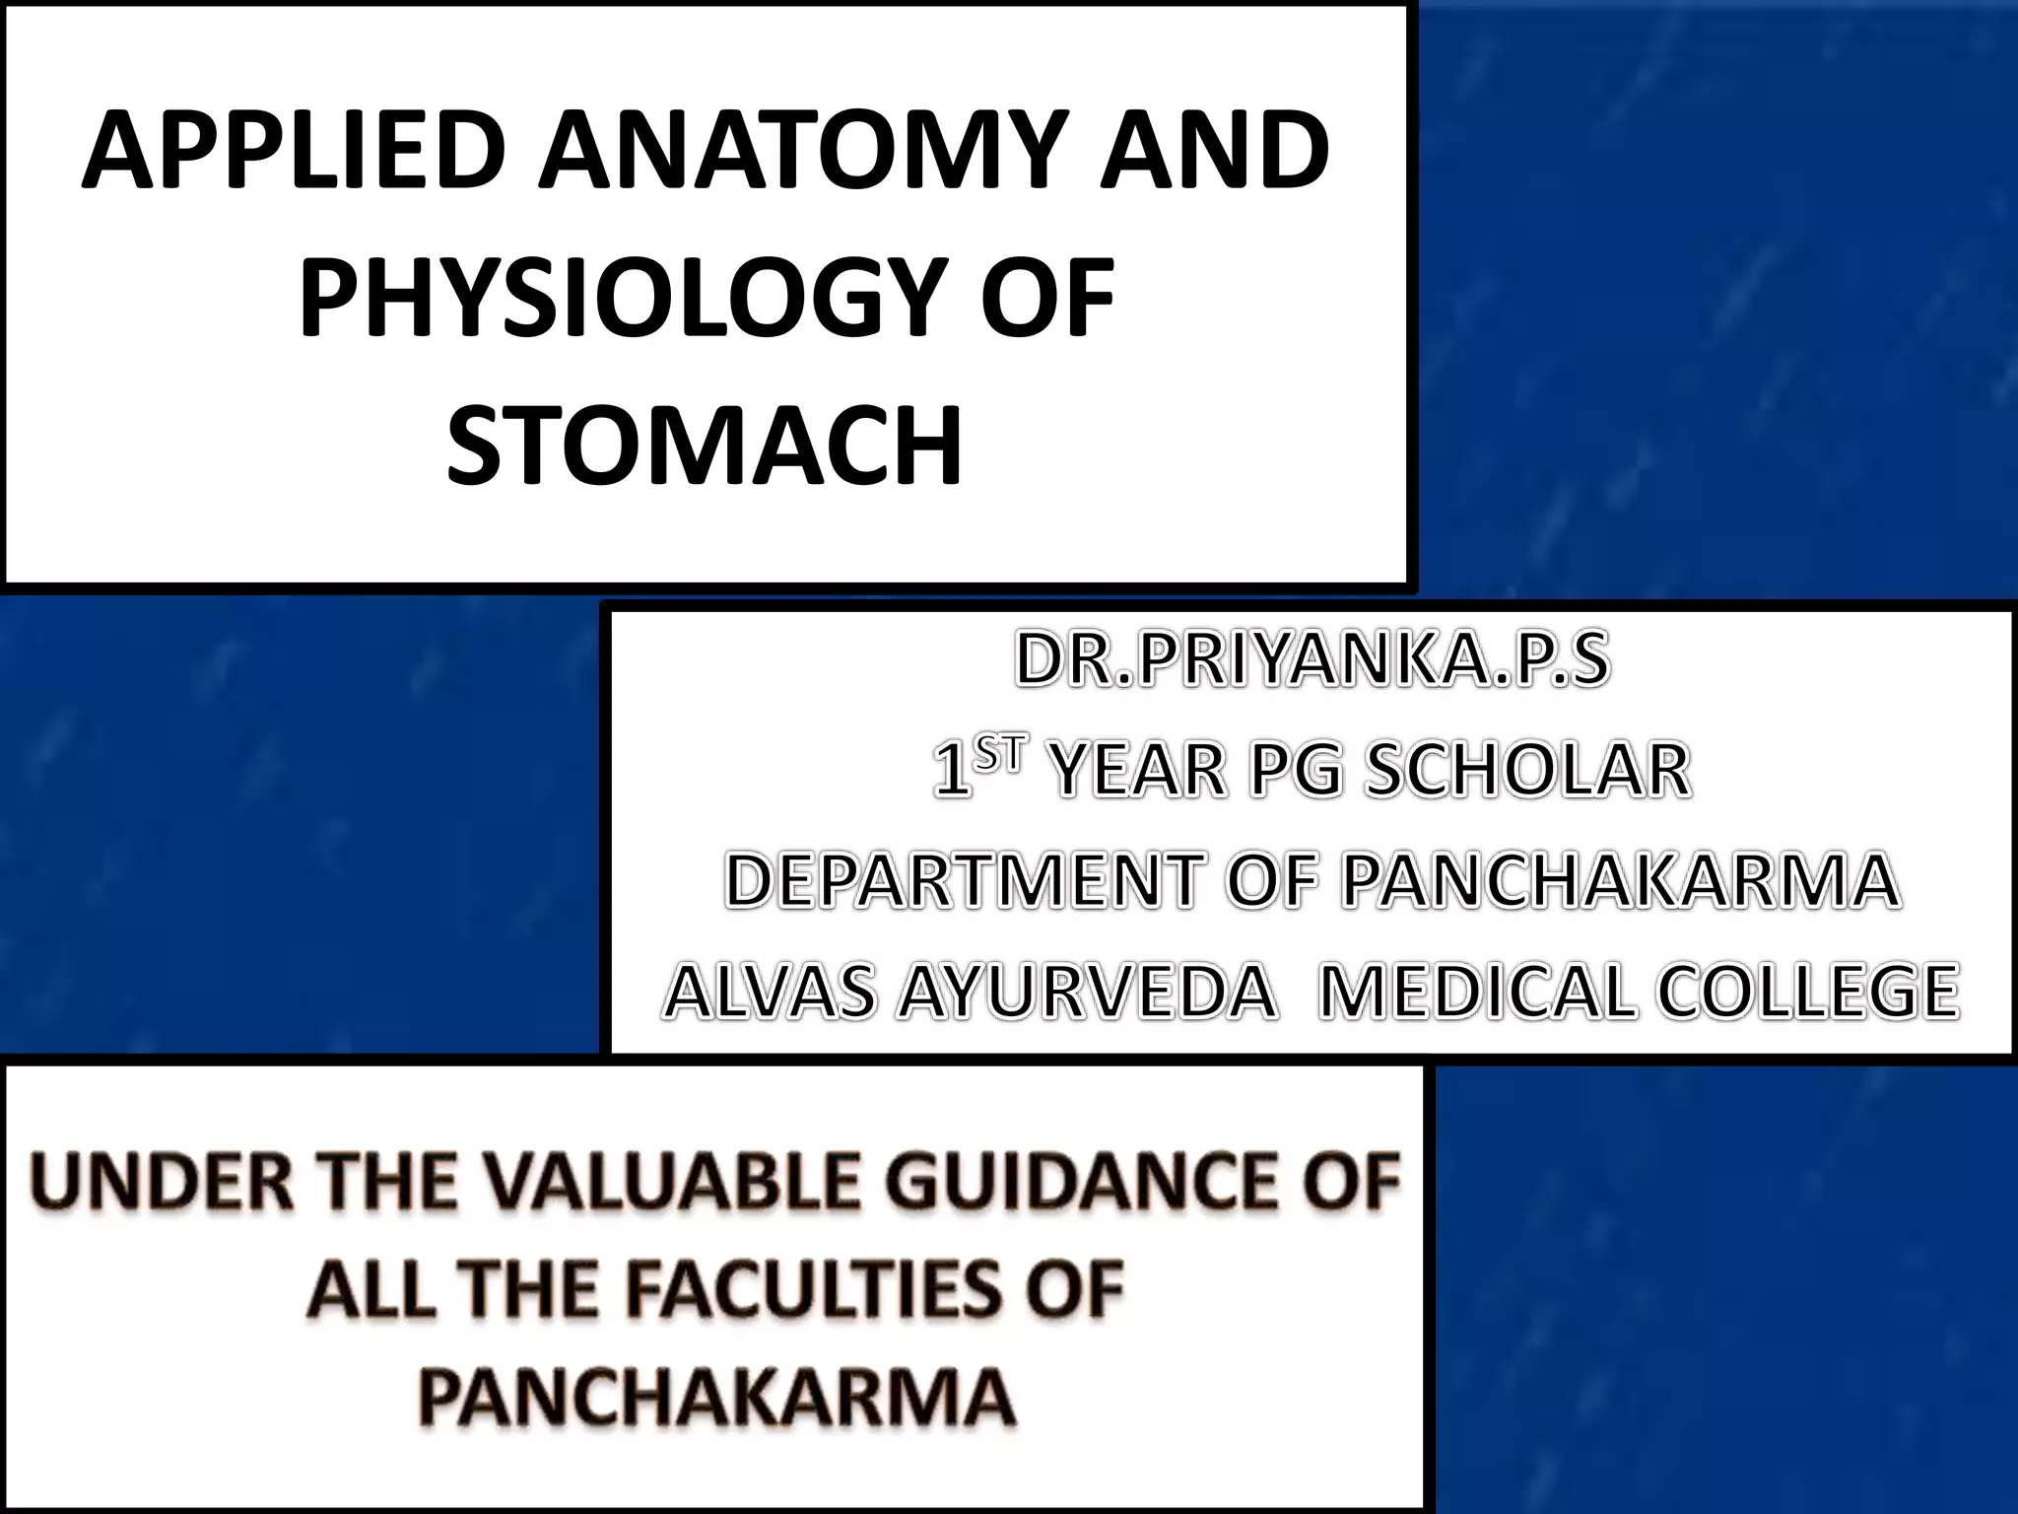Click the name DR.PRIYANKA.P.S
click(1312, 660)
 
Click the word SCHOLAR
click(1526, 770)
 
